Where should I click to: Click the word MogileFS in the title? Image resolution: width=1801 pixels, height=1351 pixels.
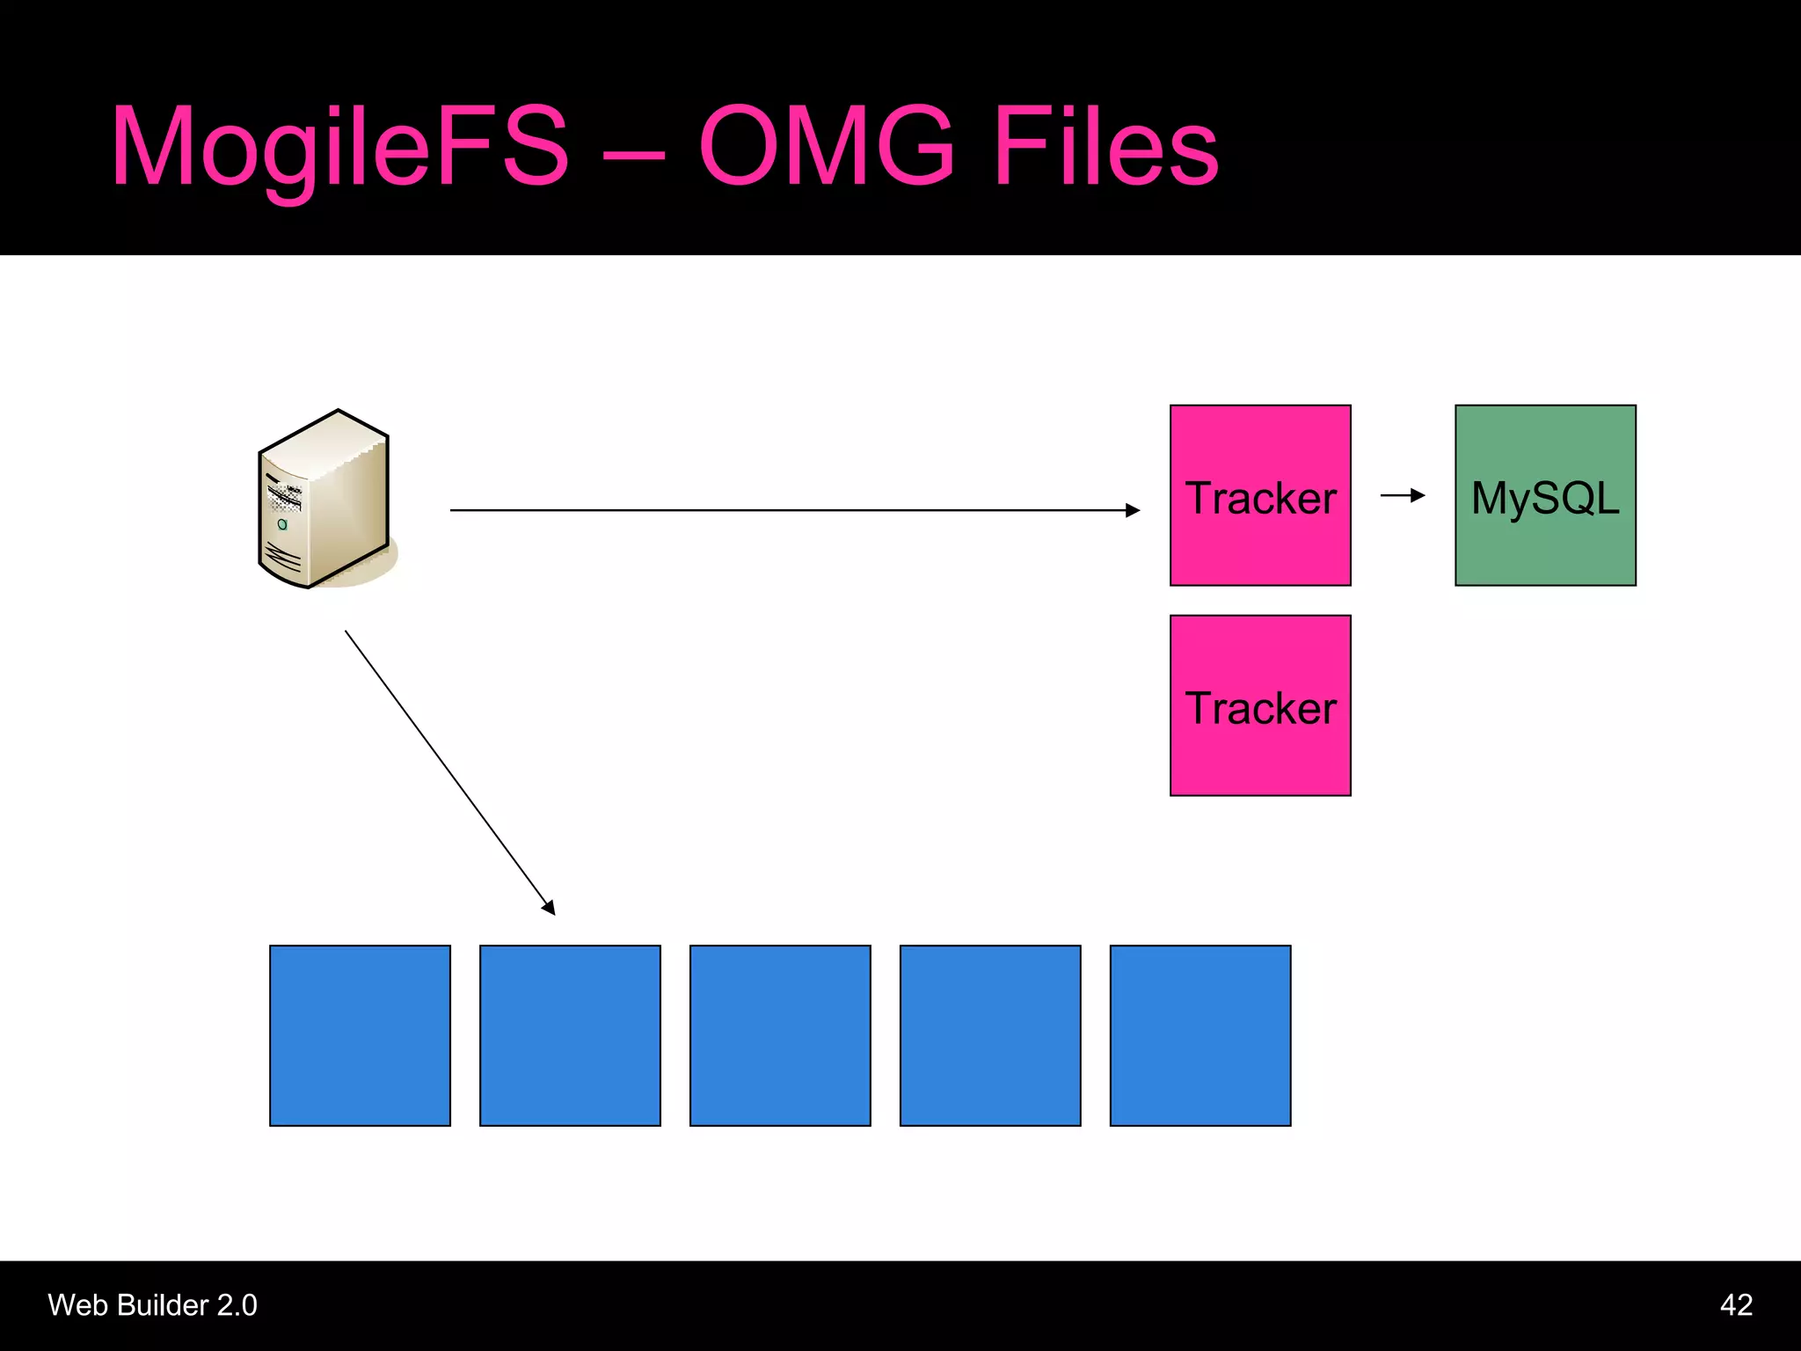click(340, 148)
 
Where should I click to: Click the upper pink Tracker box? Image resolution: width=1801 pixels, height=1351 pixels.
click(1259, 495)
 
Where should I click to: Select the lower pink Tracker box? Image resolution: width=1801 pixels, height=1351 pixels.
click(1259, 705)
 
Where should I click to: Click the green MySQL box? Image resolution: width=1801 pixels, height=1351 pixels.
click(1545, 495)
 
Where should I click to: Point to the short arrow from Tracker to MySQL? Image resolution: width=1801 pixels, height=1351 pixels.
click(1403, 495)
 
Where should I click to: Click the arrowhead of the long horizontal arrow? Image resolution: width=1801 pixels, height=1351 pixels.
click(1133, 510)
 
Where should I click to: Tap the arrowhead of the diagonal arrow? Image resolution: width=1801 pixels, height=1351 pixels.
click(549, 907)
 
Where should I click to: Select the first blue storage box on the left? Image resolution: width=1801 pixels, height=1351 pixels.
click(360, 1035)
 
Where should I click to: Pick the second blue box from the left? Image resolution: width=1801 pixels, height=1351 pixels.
click(570, 1035)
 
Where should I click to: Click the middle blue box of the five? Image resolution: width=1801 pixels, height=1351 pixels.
click(780, 1035)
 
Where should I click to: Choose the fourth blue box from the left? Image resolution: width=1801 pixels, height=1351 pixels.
click(990, 1035)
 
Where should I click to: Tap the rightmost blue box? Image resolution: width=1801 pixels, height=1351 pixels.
click(1200, 1035)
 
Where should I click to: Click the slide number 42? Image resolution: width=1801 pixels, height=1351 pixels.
click(1736, 1305)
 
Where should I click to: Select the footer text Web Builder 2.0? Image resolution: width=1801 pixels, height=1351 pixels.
click(152, 1305)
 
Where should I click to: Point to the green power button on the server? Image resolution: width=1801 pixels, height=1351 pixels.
click(282, 524)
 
